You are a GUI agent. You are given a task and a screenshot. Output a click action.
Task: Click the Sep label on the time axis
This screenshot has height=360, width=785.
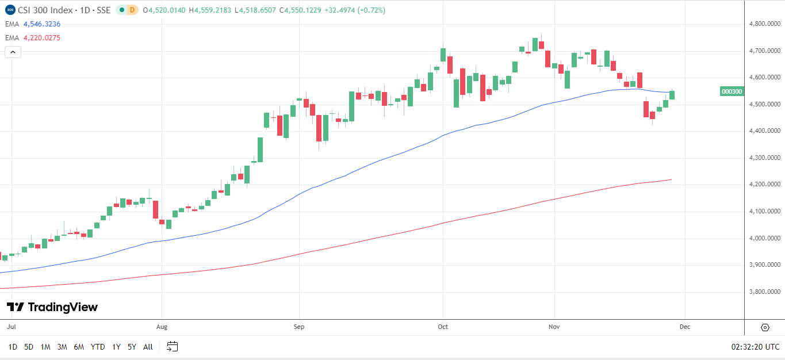298,327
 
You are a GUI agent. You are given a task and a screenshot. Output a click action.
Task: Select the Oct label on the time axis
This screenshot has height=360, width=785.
443,327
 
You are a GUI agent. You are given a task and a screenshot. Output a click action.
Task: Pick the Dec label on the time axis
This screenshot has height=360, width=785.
684,327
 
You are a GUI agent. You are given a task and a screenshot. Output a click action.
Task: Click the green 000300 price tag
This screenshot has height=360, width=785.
732,91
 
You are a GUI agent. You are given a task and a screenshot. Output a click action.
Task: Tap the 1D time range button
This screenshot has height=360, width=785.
13,347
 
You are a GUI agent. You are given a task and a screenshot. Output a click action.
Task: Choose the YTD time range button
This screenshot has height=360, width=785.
98,347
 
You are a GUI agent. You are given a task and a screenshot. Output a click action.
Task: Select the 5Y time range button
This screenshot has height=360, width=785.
132,347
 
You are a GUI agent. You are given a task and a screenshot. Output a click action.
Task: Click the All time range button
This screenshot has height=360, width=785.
148,347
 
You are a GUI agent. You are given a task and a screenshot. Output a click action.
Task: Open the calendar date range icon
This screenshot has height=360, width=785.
172,347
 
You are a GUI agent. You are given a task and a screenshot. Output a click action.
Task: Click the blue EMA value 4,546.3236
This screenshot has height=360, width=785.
42,24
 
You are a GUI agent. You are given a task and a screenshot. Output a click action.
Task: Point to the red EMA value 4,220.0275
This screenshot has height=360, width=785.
42,38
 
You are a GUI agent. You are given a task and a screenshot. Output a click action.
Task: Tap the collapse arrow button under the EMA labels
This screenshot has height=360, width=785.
13,52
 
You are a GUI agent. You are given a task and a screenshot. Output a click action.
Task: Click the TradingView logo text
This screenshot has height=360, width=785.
52,307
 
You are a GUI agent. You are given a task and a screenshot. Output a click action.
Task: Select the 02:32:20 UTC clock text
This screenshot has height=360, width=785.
755,347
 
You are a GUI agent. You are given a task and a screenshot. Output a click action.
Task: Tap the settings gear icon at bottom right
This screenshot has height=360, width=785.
765,327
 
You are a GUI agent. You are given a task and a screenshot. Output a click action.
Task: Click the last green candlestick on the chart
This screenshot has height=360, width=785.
672,95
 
